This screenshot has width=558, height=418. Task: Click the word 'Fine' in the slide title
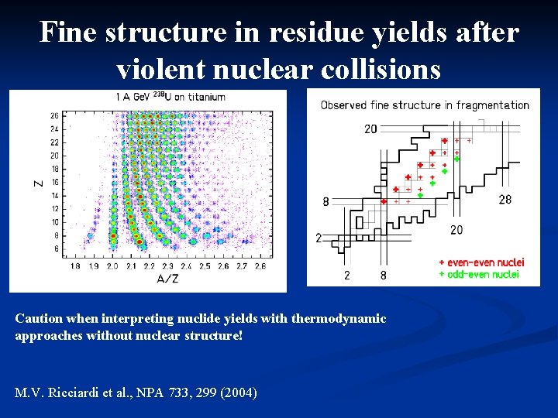pos(67,33)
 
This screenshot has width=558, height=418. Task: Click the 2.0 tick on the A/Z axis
pos(112,266)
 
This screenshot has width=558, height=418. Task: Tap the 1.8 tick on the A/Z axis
pos(75,266)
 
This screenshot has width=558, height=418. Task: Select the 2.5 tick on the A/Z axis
pos(205,266)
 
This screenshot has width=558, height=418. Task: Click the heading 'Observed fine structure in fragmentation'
pos(425,105)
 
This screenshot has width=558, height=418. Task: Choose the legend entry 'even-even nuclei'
pos(481,262)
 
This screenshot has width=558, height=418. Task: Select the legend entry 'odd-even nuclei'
pos(479,274)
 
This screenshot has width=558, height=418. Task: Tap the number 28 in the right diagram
pos(505,200)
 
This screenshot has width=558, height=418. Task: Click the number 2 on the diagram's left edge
pos(318,238)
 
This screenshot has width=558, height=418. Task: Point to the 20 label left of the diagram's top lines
pos(370,129)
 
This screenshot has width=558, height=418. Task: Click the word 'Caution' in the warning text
pos(39,319)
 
